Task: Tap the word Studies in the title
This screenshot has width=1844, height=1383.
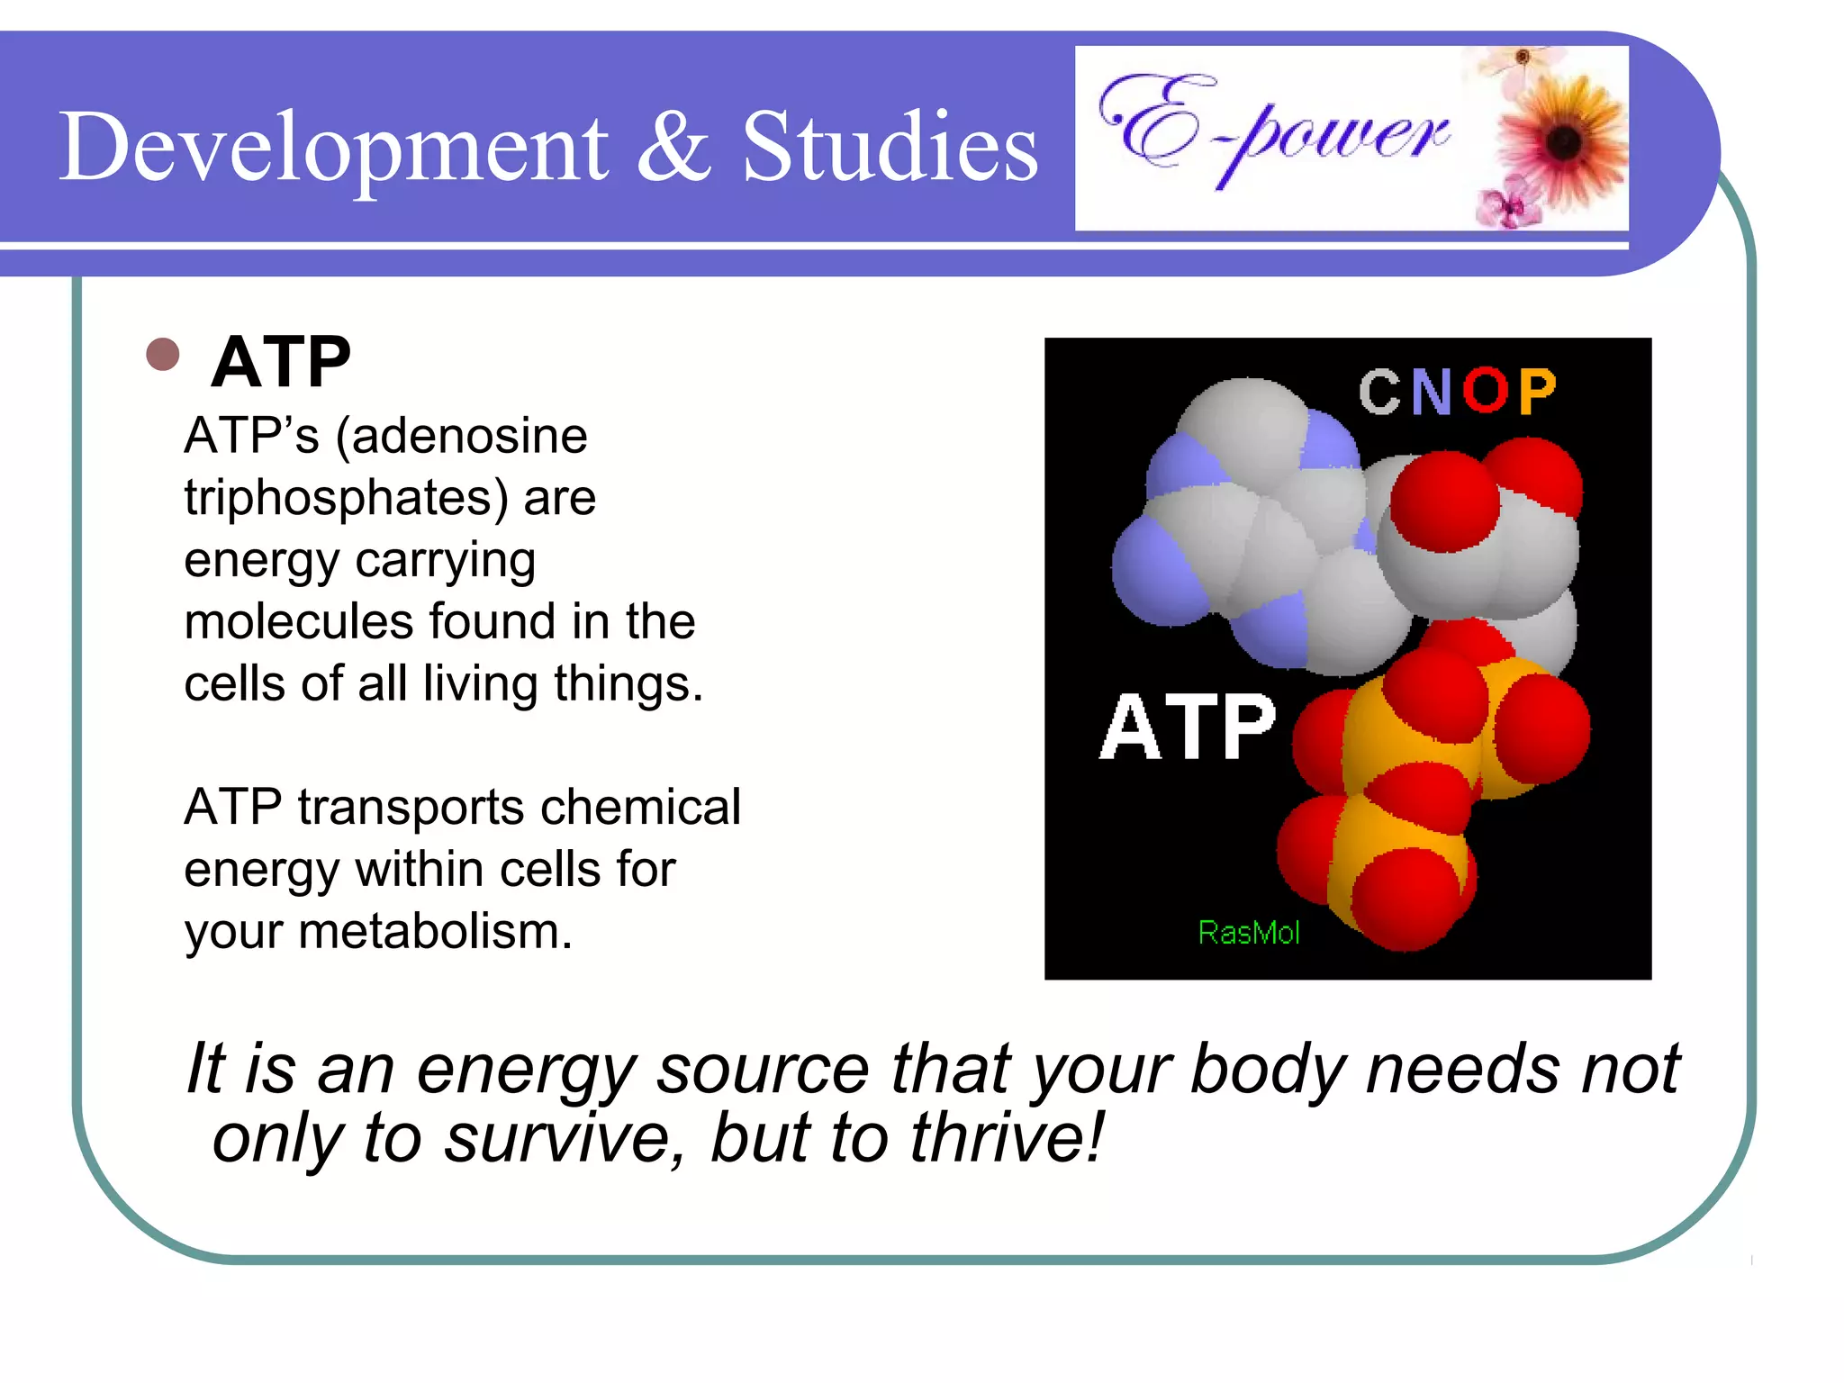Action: tap(890, 147)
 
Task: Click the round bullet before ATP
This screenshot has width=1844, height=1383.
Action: tap(162, 354)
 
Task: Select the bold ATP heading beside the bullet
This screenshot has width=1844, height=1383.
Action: tap(280, 362)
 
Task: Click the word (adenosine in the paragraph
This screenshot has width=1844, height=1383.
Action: tap(461, 437)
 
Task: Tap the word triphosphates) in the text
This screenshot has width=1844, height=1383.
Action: tap(347, 498)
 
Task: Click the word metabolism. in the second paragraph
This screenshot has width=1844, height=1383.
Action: tap(435, 931)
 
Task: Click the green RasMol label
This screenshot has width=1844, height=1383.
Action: tap(1249, 933)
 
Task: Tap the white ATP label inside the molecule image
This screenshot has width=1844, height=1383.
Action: tap(1187, 728)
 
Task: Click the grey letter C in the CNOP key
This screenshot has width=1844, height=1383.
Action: tap(1378, 392)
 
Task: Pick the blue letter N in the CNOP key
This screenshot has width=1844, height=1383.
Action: tap(1431, 392)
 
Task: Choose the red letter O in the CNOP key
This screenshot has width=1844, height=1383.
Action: tap(1484, 392)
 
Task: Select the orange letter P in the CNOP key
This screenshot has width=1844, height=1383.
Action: tap(1536, 392)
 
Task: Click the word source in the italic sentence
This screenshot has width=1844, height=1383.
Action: tap(763, 1070)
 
